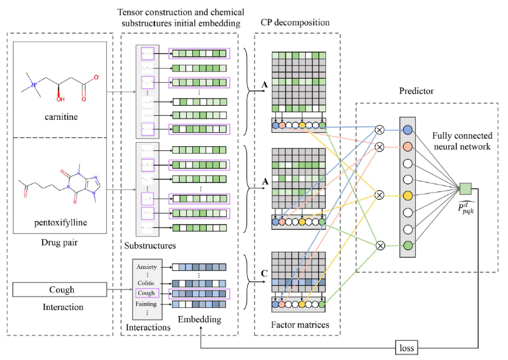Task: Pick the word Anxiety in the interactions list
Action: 146,267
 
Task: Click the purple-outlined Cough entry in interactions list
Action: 147,292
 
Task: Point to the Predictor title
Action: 417,93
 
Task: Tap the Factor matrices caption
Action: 297,324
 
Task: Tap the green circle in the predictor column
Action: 408,245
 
